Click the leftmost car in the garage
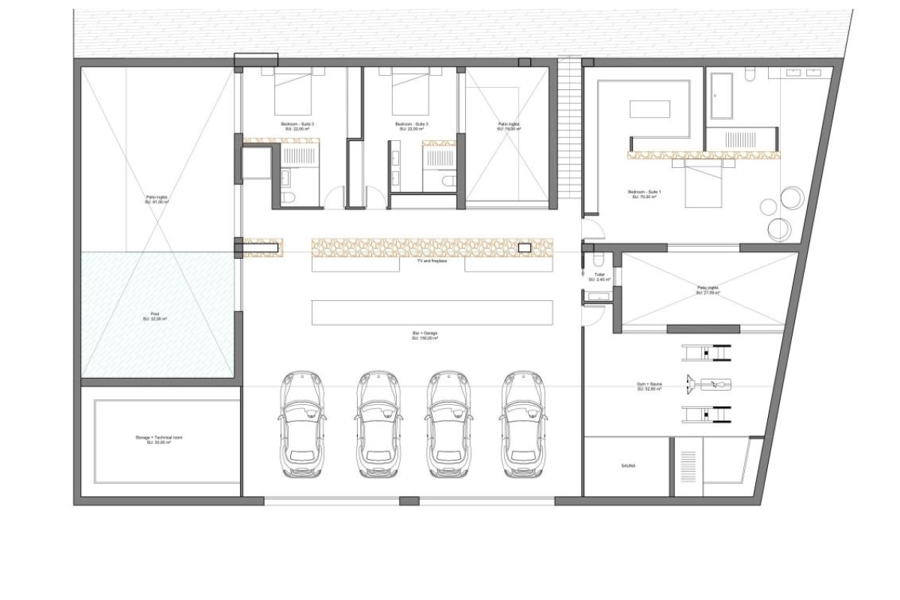point(303,424)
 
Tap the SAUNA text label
point(628,466)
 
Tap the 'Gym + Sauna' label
point(648,387)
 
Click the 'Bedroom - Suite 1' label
point(645,194)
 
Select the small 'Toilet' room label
point(599,277)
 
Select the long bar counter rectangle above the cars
point(432,312)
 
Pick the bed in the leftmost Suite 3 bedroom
point(292,94)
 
